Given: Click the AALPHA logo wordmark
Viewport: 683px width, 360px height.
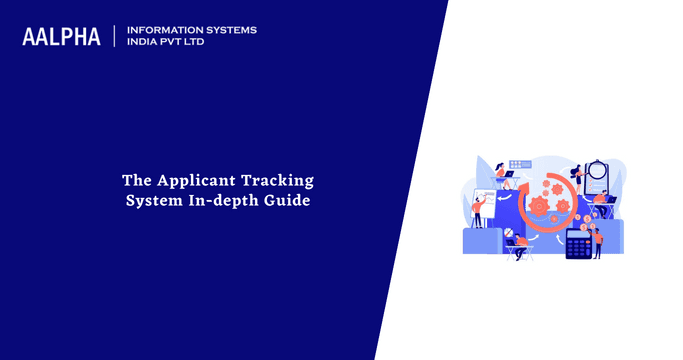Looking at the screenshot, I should [x=61, y=37].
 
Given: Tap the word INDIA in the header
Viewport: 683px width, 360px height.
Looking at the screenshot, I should [x=146, y=43].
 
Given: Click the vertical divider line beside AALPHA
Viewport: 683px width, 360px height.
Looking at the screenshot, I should [x=115, y=37].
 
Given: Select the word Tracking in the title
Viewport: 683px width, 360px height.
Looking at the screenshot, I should [x=282, y=181].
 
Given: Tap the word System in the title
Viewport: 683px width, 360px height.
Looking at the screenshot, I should [x=150, y=201].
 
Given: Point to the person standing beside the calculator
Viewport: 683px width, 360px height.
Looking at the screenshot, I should [x=597, y=241].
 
